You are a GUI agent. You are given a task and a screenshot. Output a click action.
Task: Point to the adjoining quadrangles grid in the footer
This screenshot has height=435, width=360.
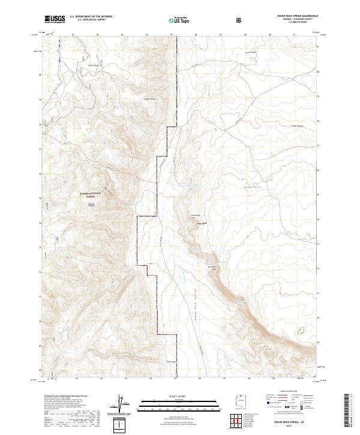pos(241,424)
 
